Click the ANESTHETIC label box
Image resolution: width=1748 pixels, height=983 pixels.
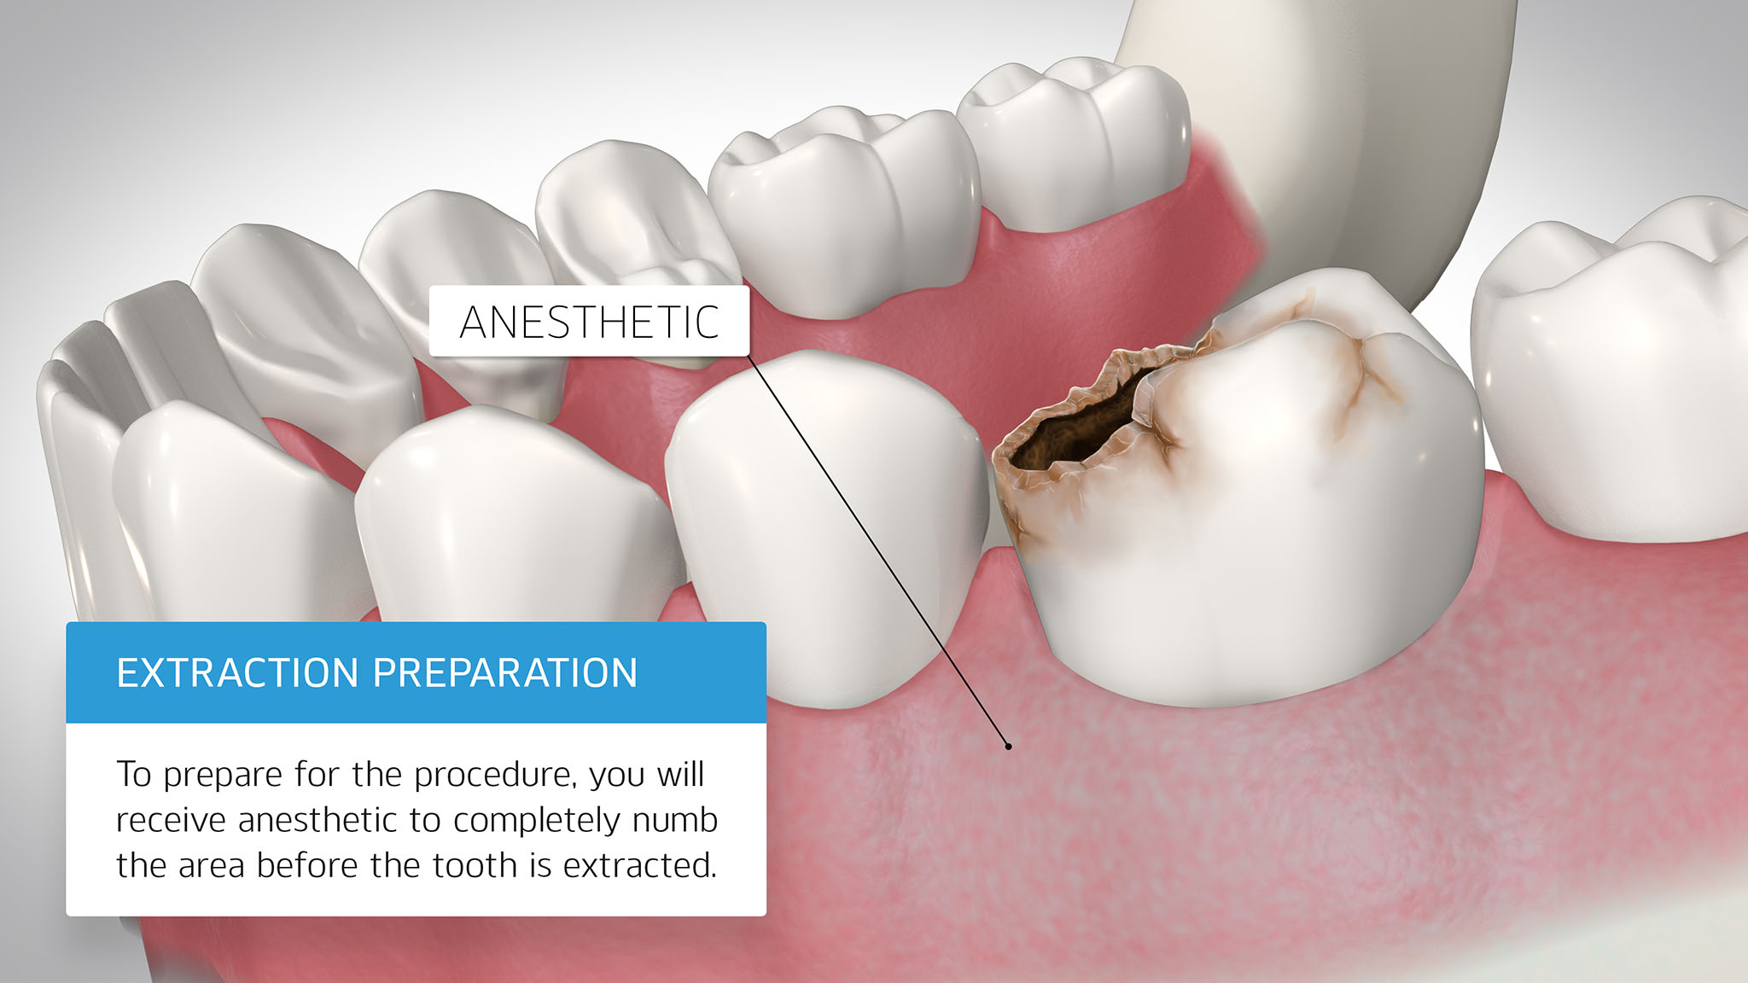[589, 321]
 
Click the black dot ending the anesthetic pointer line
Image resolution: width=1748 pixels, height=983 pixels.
[1008, 747]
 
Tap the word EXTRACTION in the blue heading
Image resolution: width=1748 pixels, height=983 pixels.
[237, 673]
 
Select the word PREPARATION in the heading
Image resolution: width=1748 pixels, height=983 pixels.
[505, 673]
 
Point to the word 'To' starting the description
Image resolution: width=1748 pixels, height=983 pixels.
[134, 775]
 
